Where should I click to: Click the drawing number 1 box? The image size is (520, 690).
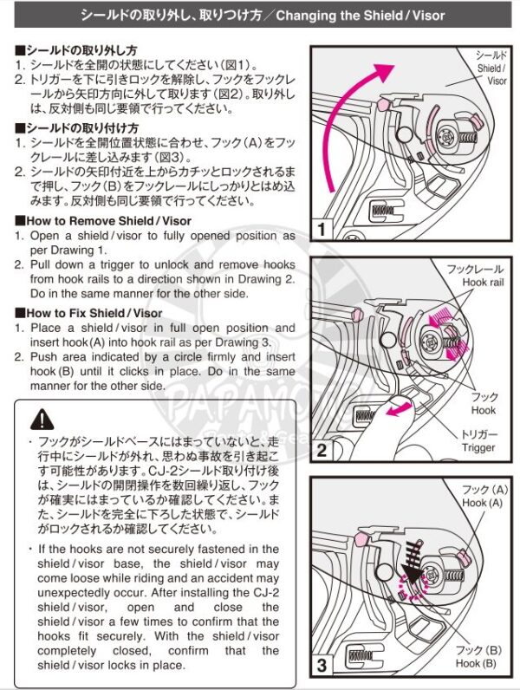click(322, 231)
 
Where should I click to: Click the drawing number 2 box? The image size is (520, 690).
click(322, 449)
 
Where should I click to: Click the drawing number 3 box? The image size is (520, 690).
click(322, 667)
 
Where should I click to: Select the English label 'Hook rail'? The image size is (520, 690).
click(482, 283)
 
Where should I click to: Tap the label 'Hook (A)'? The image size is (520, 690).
click(482, 503)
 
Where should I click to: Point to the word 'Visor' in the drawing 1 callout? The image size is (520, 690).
click(497, 81)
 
